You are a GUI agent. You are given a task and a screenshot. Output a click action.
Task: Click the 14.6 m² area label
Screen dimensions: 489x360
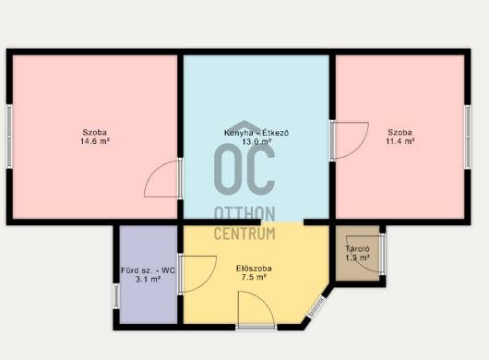pos(95,141)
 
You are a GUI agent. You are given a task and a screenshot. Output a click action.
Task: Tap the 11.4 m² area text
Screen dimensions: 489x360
pos(400,141)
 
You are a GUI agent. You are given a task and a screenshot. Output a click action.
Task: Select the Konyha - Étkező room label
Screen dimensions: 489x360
pos(256,133)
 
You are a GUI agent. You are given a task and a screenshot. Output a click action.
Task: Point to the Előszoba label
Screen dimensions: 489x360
pos(254,269)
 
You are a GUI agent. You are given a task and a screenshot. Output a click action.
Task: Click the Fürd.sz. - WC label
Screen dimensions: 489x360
pos(149,270)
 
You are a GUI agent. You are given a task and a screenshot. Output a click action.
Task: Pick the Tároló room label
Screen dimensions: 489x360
pos(357,249)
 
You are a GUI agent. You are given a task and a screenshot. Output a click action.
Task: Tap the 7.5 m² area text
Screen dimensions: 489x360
pos(254,277)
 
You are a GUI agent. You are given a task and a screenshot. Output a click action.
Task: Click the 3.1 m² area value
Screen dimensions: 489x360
pos(149,279)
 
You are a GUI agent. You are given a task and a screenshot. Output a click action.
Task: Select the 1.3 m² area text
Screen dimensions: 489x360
pos(357,258)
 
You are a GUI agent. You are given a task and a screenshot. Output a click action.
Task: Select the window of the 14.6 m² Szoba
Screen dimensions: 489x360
pos(9,137)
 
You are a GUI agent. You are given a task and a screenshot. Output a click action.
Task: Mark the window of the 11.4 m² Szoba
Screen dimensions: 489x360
pos(467,137)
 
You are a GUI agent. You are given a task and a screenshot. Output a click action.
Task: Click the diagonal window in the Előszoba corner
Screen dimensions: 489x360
pos(316,306)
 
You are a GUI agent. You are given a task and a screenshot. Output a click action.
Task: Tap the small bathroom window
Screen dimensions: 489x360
pos(116,295)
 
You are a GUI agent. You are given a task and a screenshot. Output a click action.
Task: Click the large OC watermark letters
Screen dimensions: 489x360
pos(244,170)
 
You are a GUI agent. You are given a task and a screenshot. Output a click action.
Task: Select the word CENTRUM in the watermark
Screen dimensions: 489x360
pos(244,234)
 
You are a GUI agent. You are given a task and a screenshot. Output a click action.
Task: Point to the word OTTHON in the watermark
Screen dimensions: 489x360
pos(244,213)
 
